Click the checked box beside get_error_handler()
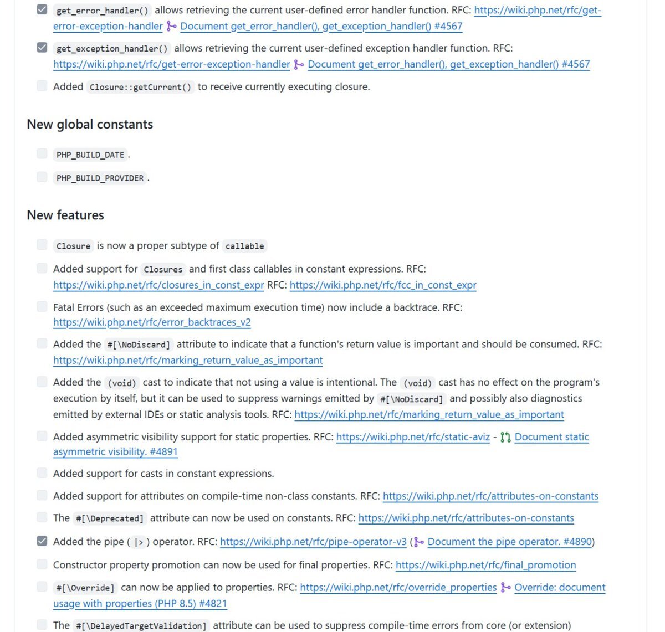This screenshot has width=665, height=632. (42, 9)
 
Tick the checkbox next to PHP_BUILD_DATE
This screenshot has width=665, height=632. (42, 153)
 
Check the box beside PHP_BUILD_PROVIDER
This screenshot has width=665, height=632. (42, 177)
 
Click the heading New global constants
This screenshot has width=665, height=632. (90, 124)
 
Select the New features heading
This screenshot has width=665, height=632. (65, 215)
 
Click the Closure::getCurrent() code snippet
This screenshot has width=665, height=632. (140, 87)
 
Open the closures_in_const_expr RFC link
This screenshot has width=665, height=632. (158, 285)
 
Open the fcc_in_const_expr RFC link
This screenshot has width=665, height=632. (383, 285)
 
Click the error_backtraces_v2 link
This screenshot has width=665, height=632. (152, 322)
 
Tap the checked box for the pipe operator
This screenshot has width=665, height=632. (42, 541)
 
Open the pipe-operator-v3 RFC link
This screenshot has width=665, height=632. (313, 542)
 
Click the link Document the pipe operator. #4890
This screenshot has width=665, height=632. (510, 542)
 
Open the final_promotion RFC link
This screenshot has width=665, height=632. (485, 565)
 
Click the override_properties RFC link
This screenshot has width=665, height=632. (398, 587)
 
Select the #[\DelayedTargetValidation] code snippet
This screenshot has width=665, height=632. (141, 626)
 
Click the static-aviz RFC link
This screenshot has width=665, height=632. (413, 437)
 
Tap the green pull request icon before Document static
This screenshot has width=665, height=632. (505, 438)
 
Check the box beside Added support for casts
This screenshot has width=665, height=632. (42, 472)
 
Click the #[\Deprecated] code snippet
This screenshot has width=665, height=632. (110, 518)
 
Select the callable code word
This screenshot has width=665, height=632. (244, 246)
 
